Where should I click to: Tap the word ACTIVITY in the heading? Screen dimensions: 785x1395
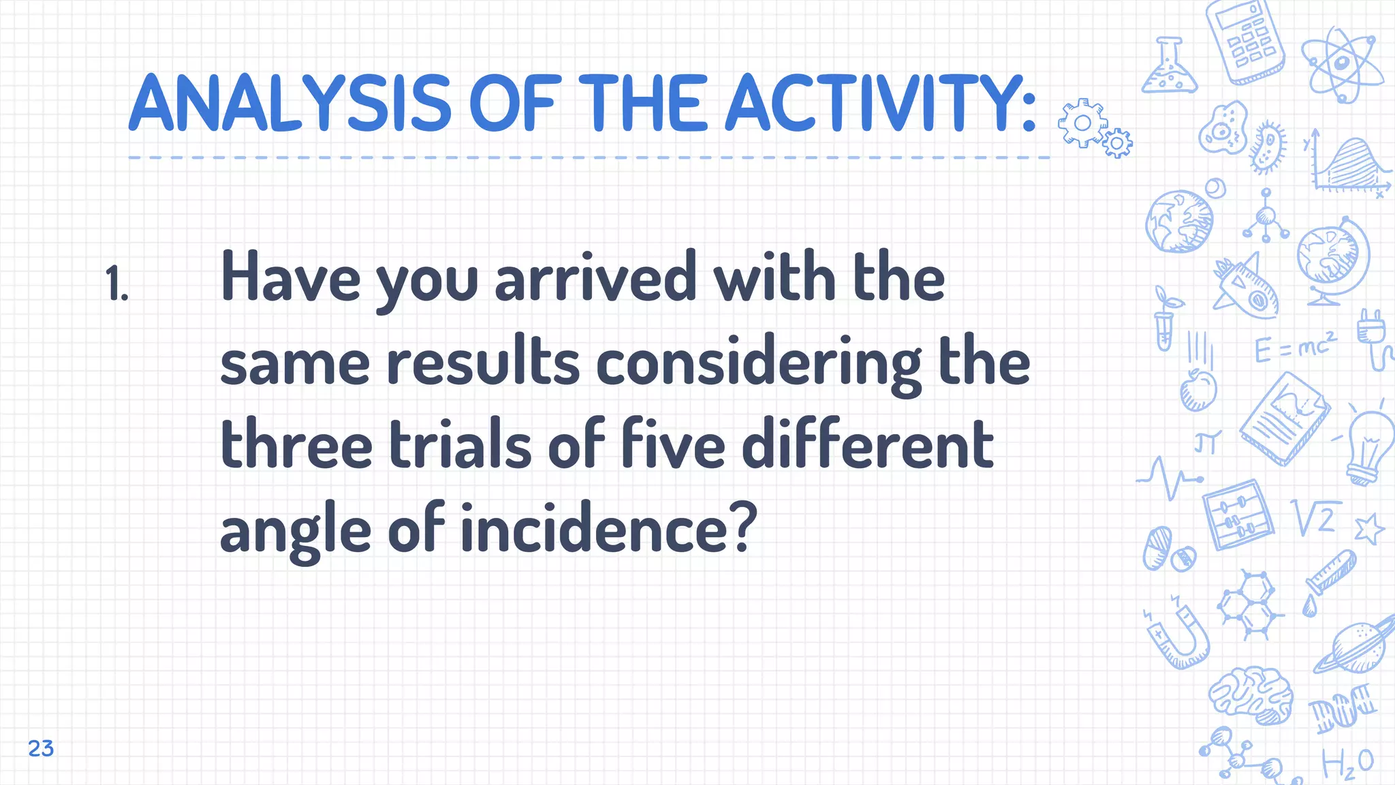pos(879,104)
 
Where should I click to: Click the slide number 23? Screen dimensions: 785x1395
pos(41,748)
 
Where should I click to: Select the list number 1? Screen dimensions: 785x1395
pos(117,283)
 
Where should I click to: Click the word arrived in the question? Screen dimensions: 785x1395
pos(595,278)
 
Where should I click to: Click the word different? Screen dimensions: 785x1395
pos(867,446)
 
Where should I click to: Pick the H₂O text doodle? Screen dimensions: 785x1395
pos(1347,763)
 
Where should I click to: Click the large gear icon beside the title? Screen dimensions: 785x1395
pos(1082,123)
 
